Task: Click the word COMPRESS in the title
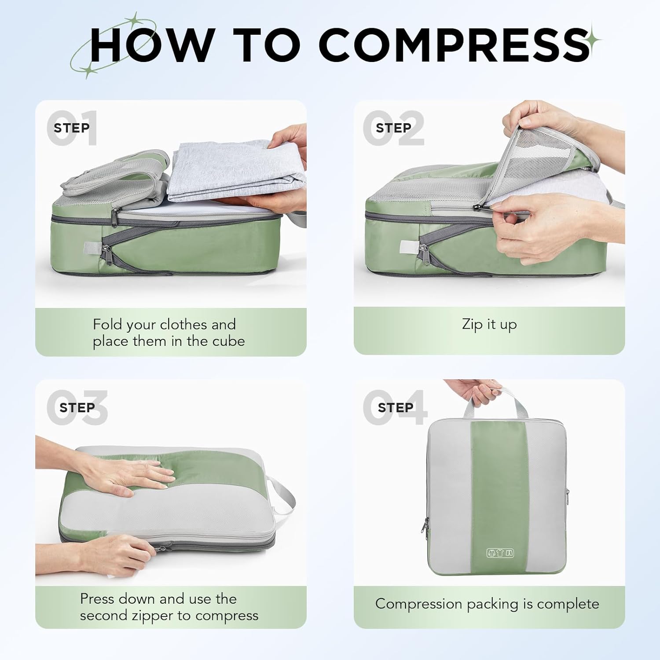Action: [454, 45]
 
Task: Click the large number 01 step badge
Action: [72, 128]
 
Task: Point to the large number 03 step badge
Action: [77, 408]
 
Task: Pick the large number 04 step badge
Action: [395, 408]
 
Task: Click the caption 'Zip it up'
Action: [489, 325]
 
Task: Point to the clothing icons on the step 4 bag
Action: [500, 553]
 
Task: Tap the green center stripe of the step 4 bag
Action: [499, 497]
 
